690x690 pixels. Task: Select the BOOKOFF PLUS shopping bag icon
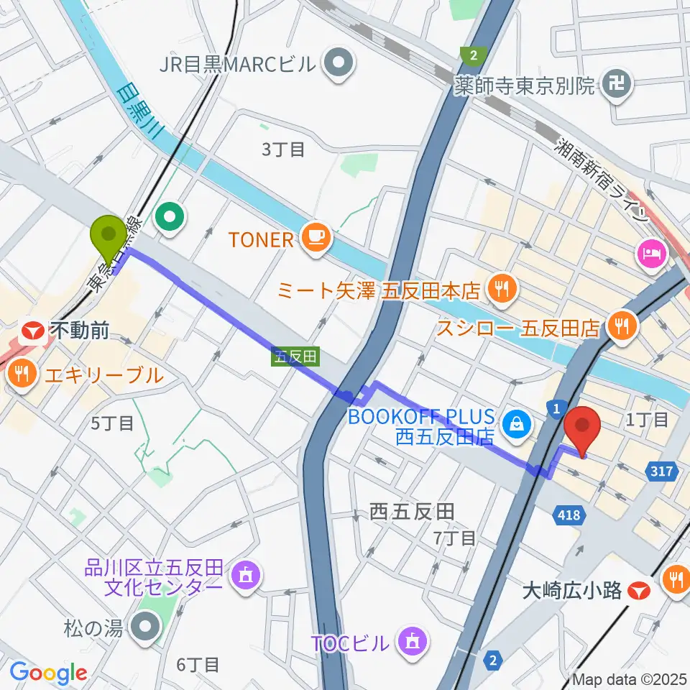517,425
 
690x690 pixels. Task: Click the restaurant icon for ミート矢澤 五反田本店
497,290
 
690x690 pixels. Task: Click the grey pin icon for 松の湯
146,627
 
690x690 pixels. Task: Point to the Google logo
48,673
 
